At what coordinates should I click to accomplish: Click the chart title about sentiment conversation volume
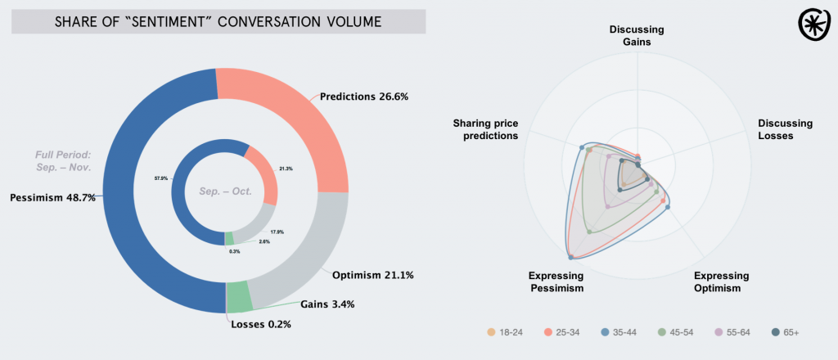pyautogui.click(x=218, y=21)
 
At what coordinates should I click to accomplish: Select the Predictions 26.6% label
pyautogui.click(x=363, y=97)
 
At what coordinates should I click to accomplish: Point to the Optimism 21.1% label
pyautogui.click(x=372, y=274)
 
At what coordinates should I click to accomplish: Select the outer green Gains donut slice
pyautogui.click(x=238, y=296)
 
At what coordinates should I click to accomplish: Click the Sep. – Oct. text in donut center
pyautogui.click(x=225, y=191)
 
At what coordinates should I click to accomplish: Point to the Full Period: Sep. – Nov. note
pyautogui.click(x=62, y=160)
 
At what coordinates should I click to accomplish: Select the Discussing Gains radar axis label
pyautogui.click(x=637, y=35)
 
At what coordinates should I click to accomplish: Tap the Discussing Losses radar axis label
pyautogui.click(x=785, y=129)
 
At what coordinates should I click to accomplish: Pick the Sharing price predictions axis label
pyautogui.click(x=485, y=129)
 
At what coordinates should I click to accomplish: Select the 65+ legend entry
pyautogui.click(x=785, y=333)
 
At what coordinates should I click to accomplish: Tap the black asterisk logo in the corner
pyautogui.click(x=813, y=25)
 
